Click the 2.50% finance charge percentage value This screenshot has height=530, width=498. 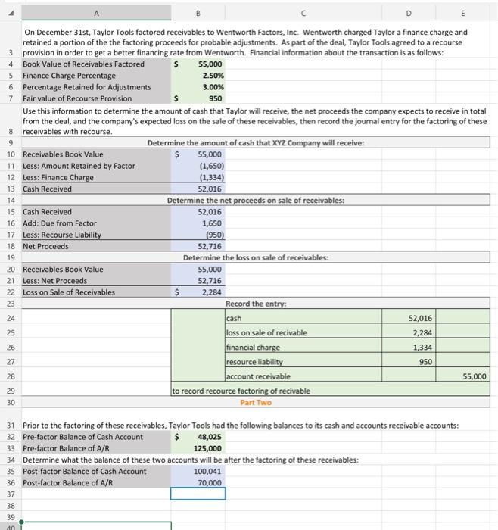tap(211, 76)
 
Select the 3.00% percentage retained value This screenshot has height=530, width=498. tap(211, 87)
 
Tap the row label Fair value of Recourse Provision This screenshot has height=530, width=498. tap(77, 98)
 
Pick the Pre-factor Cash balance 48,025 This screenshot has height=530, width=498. tap(209, 437)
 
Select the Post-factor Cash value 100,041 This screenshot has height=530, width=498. tap(208, 471)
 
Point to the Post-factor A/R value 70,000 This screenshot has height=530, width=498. tap(209, 482)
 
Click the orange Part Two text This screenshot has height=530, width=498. tap(255, 402)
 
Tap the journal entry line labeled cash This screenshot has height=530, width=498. tap(234, 319)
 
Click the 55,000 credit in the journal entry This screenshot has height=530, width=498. tap(475, 376)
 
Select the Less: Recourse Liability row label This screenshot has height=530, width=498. tap(62, 235)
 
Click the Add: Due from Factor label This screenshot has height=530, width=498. tap(60, 223)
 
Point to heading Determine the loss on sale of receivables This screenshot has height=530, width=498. tap(255, 257)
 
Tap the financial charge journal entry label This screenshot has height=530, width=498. tap(253, 348)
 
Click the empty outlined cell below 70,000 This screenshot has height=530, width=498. tap(198, 494)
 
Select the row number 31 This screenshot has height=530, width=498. tap(11, 426)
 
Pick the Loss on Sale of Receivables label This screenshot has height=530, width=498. tap(69, 291)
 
